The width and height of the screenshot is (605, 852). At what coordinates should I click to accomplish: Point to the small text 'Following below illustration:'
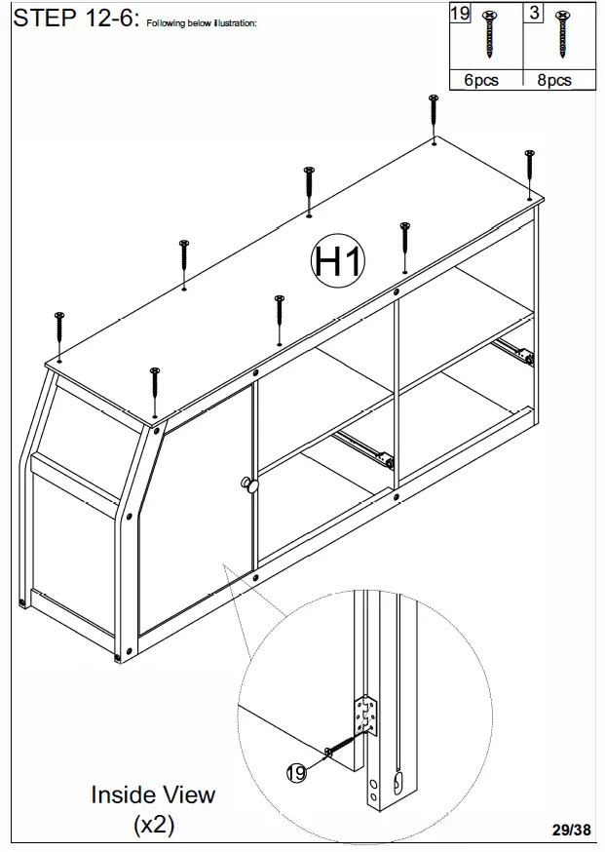point(202,23)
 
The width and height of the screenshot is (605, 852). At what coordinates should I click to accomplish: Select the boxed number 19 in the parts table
point(459,13)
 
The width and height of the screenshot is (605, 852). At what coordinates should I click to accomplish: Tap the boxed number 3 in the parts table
point(535,13)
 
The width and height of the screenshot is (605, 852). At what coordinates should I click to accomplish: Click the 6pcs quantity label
point(481,80)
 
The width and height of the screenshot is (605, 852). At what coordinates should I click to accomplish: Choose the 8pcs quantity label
point(554,80)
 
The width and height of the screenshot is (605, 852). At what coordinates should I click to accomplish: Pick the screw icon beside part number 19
point(487,38)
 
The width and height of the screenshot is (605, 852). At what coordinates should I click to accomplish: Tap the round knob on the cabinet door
point(249,485)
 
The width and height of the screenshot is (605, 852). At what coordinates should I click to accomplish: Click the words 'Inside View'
point(153,794)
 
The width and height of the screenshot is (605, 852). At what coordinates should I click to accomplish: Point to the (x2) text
point(153,825)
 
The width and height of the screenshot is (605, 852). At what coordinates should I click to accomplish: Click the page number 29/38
point(571,831)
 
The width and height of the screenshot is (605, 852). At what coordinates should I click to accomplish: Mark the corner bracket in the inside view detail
point(367,714)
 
